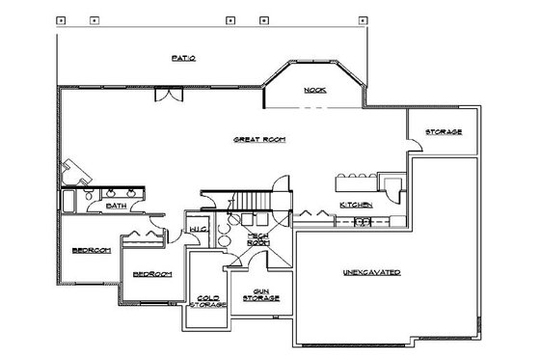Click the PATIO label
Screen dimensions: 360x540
185,60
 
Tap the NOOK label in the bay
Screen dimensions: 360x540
314,90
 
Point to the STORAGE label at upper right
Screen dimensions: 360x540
443,131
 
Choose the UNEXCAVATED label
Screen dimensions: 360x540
372,274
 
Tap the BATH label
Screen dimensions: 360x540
116,206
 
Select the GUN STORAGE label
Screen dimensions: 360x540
259,294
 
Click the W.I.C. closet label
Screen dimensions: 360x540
200,229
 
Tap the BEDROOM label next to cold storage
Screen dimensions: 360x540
151,274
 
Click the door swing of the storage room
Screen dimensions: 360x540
416,146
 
